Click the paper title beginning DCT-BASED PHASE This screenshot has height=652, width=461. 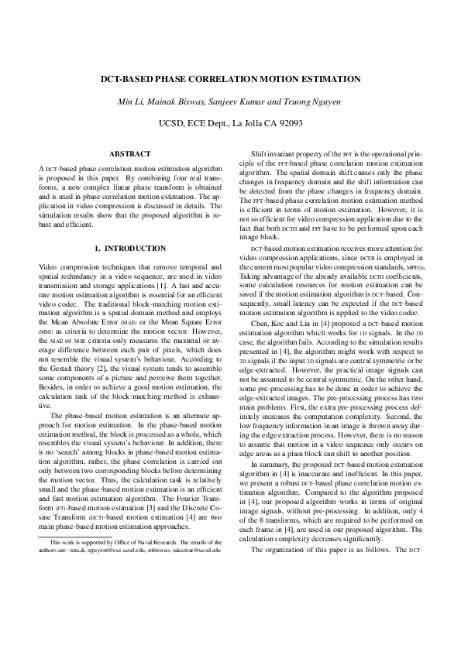[230, 79]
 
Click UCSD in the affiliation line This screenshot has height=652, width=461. [173, 123]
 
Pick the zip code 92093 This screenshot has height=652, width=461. [287, 123]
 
